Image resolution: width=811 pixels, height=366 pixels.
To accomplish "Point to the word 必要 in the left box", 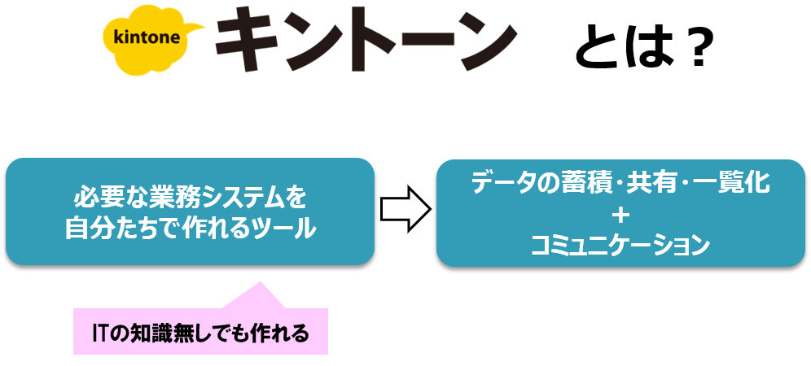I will click(x=97, y=198).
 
